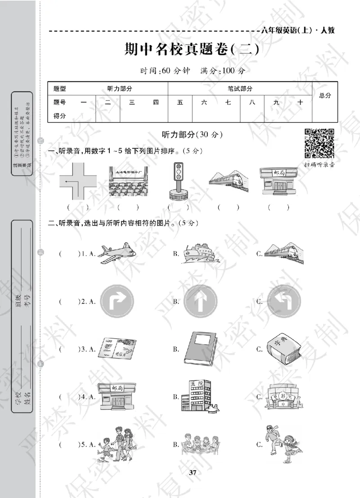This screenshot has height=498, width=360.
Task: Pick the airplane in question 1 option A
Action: pyautogui.click(x=115, y=254)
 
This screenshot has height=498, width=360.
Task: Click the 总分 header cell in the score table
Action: pyautogui.click(x=325, y=96)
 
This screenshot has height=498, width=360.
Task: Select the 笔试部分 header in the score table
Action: pyautogui.click(x=240, y=89)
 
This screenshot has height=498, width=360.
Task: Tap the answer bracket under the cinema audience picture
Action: pyautogui.click(x=127, y=207)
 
